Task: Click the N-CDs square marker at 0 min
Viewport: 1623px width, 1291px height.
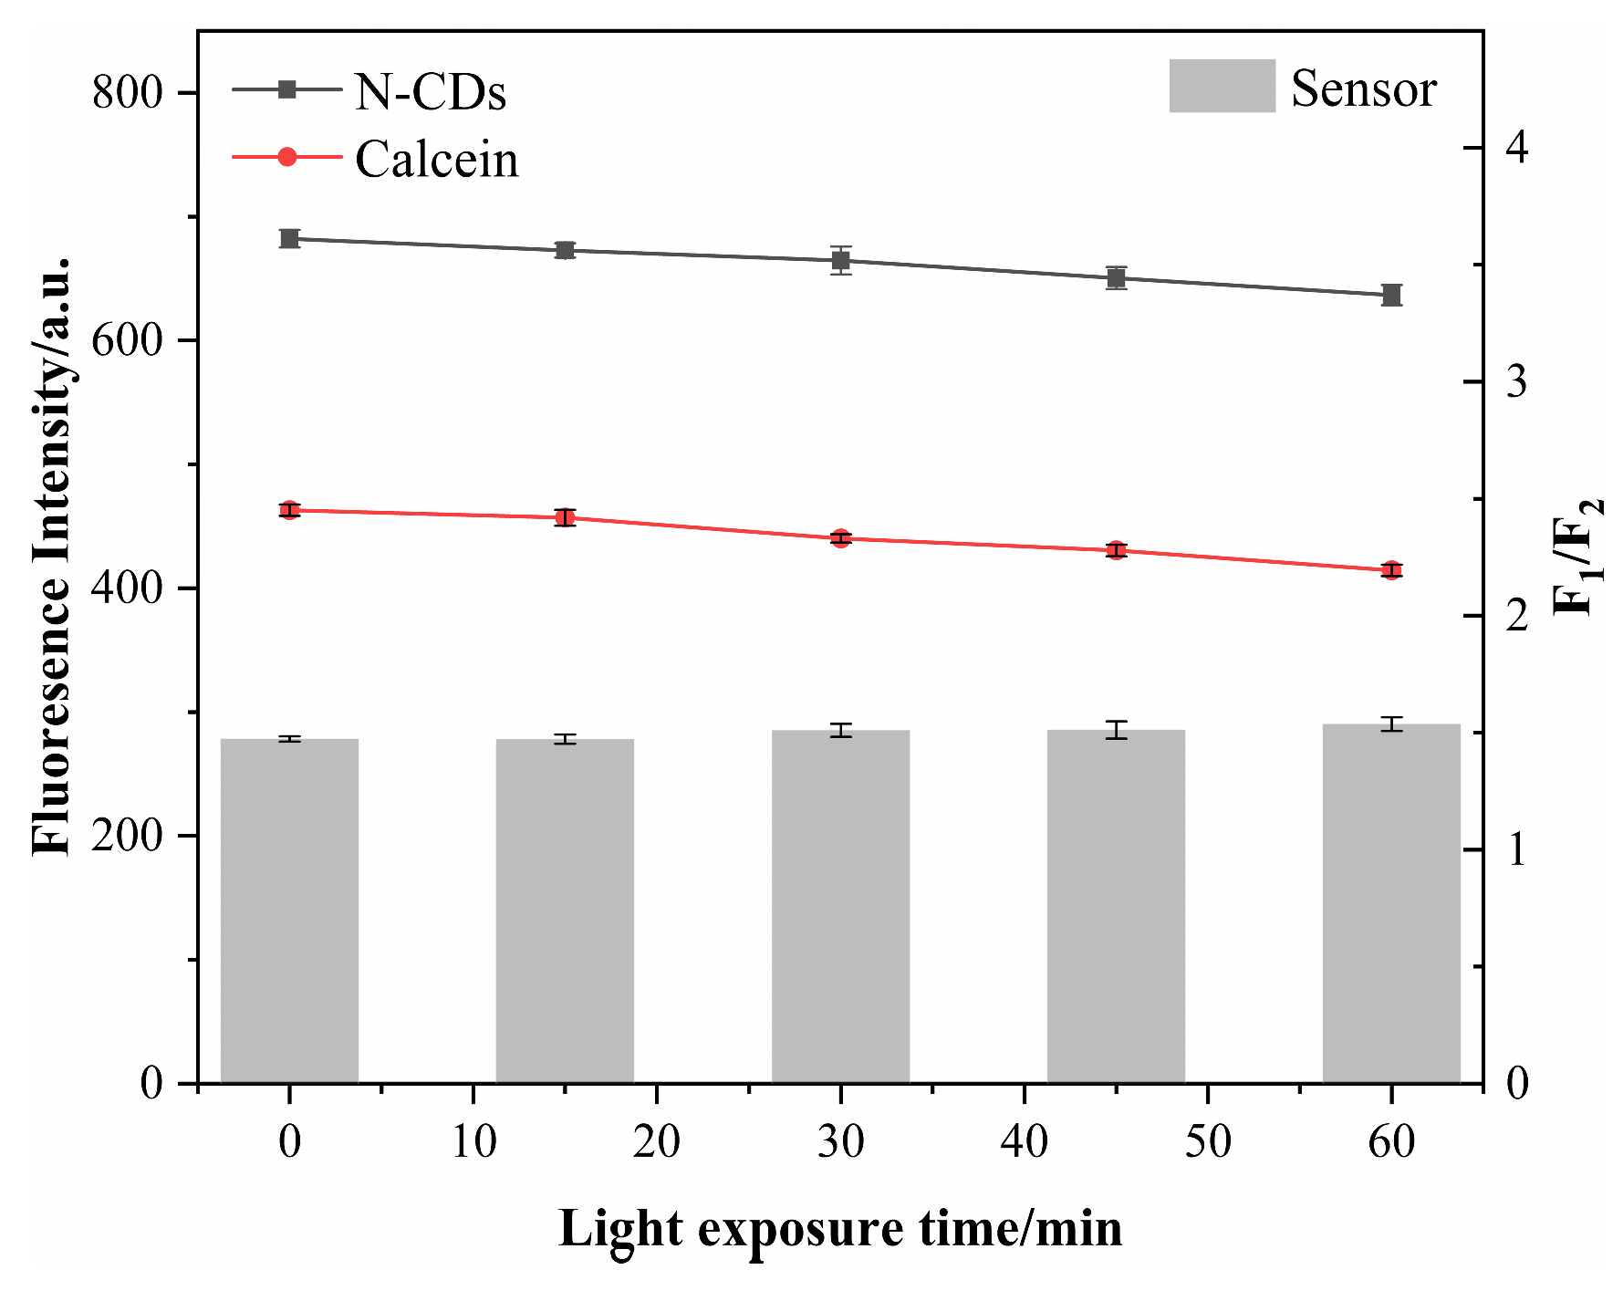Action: click(290, 239)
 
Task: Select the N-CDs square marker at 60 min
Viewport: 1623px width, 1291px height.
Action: click(1391, 295)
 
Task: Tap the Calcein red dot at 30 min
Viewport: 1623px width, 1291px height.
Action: click(840, 538)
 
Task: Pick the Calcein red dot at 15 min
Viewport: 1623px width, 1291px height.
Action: click(566, 518)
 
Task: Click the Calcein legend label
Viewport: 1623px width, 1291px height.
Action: click(436, 160)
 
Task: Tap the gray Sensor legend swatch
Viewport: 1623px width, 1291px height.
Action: click(1222, 87)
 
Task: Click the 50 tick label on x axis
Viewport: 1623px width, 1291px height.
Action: click(1208, 1141)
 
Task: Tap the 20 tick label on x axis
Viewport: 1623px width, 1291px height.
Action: click(657, 1141)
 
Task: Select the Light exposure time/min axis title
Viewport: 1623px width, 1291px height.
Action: click(840, 1228)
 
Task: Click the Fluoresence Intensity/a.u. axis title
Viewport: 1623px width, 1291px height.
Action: click(52, 557)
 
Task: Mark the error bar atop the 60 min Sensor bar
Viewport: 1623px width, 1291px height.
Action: click(1391, 724)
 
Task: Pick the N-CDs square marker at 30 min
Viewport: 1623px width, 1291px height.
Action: click(841, 260)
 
